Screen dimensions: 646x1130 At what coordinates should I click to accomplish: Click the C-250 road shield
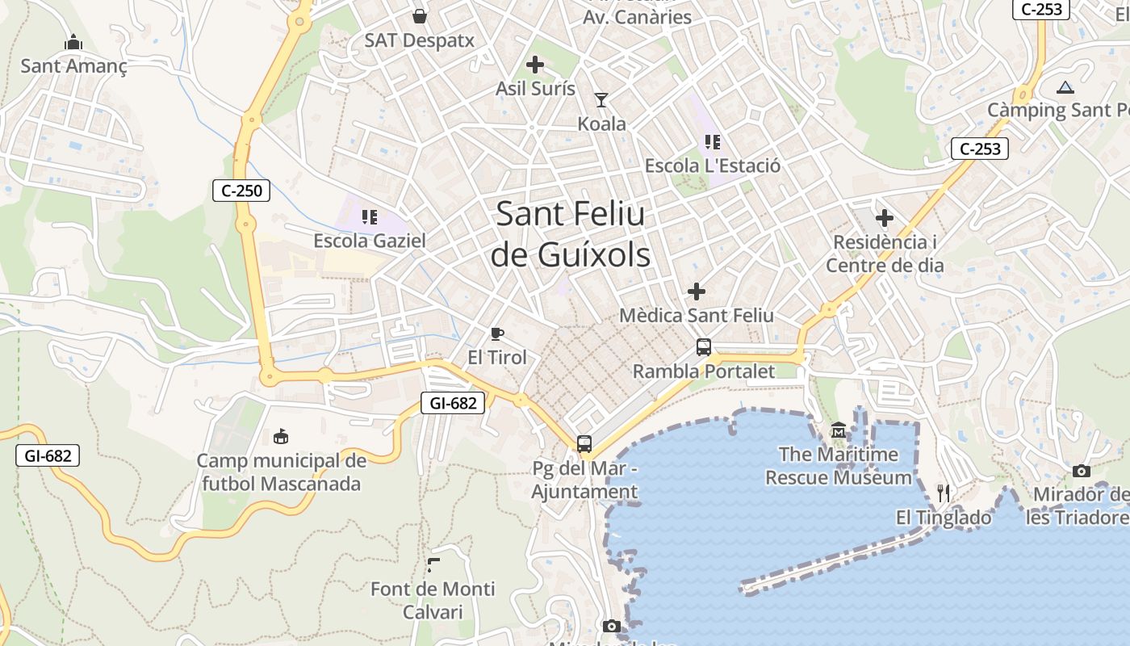241,191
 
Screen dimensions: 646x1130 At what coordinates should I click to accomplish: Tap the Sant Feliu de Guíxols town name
571,234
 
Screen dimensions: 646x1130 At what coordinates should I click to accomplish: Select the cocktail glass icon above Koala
601,100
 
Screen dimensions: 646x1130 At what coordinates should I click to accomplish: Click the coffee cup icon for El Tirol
497,333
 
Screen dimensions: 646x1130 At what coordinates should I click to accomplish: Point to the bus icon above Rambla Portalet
704,347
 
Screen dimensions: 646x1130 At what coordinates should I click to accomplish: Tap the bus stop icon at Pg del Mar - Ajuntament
584,443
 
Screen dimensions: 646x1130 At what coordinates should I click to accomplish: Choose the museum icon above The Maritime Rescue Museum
839,431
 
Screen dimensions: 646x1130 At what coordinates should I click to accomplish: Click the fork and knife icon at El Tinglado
943,493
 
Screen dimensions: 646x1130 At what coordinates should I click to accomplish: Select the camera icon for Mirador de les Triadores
1082,471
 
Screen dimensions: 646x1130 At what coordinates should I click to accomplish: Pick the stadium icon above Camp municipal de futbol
281,437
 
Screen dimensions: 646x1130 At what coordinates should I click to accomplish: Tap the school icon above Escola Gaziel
370,216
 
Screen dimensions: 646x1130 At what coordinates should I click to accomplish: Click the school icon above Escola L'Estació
712,142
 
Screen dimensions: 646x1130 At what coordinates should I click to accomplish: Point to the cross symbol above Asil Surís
535,65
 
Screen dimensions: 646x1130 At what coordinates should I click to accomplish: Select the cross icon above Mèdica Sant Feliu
696,292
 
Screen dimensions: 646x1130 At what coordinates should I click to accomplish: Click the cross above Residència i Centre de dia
885,217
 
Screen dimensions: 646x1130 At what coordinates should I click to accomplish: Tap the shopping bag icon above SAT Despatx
420,15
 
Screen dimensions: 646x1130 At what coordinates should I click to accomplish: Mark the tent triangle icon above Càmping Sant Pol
1065,87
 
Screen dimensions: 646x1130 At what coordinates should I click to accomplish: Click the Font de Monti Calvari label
433,600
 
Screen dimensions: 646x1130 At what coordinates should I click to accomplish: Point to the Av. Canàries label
638,16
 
